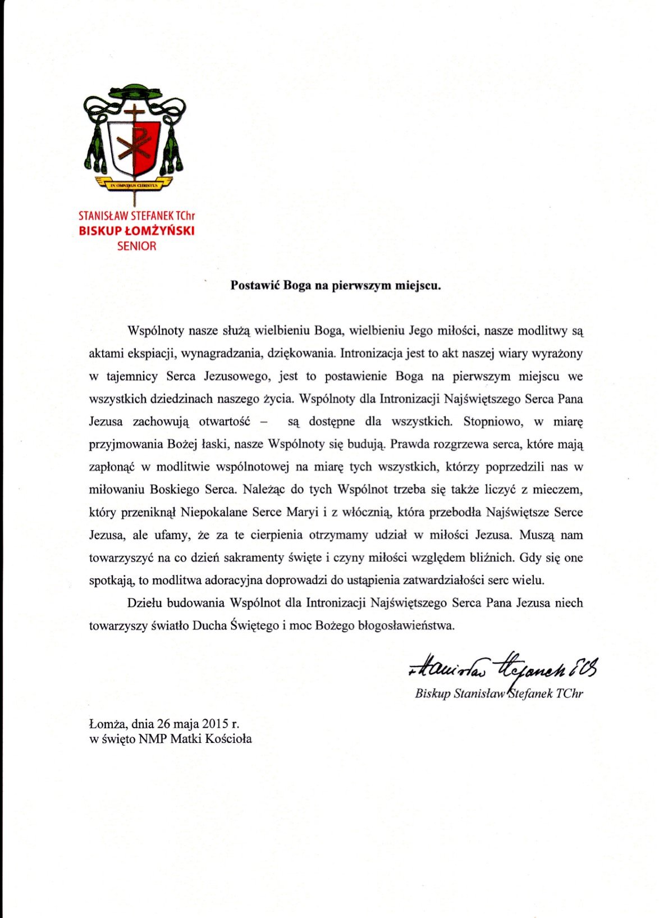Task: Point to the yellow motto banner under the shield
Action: pos(135,184)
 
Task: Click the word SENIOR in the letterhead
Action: pos(137,246)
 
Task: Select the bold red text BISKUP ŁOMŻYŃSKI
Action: pos(136,231)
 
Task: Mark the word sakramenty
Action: pos(252,558)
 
